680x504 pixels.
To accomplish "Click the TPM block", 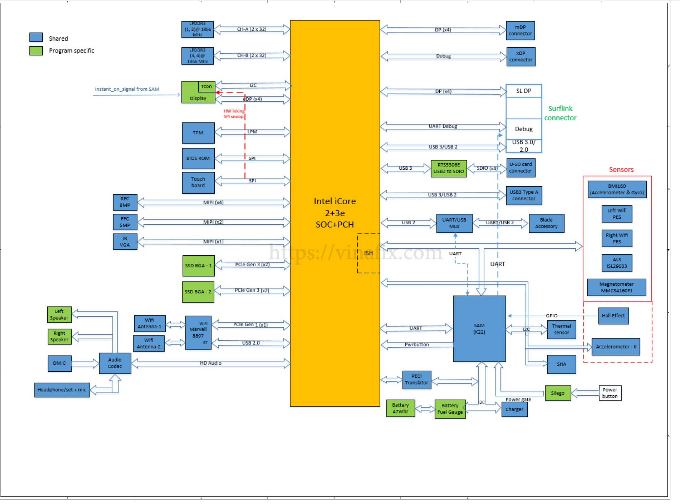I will pos(198,133).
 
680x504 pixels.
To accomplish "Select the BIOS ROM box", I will pos(198,158).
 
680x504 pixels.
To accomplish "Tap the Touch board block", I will pos(198,183).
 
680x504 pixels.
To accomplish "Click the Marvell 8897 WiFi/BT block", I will pos(198,332).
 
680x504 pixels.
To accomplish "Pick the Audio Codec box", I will pos(115,363).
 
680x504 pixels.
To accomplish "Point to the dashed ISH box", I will pos(368,253).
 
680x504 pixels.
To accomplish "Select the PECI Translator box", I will pos(416,380).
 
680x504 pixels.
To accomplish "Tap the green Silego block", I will pos(557,393).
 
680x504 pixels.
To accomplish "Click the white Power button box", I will pos(609,393).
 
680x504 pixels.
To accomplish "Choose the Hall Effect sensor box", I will pos(613,316).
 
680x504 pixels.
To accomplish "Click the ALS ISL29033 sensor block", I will pos(617,263).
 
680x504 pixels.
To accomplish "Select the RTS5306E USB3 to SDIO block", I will pos(448,168).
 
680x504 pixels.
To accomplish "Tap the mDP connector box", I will pos(520,30).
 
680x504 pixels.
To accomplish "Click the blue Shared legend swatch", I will pos(36,37).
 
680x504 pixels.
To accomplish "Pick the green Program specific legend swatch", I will pos(36,51).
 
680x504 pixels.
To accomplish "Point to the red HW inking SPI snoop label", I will pos(234,114).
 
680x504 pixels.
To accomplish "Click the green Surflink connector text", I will pos(560,113).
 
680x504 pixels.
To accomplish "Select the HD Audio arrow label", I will pos(210,363).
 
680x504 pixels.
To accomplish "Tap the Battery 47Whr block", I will pos(400,408).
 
